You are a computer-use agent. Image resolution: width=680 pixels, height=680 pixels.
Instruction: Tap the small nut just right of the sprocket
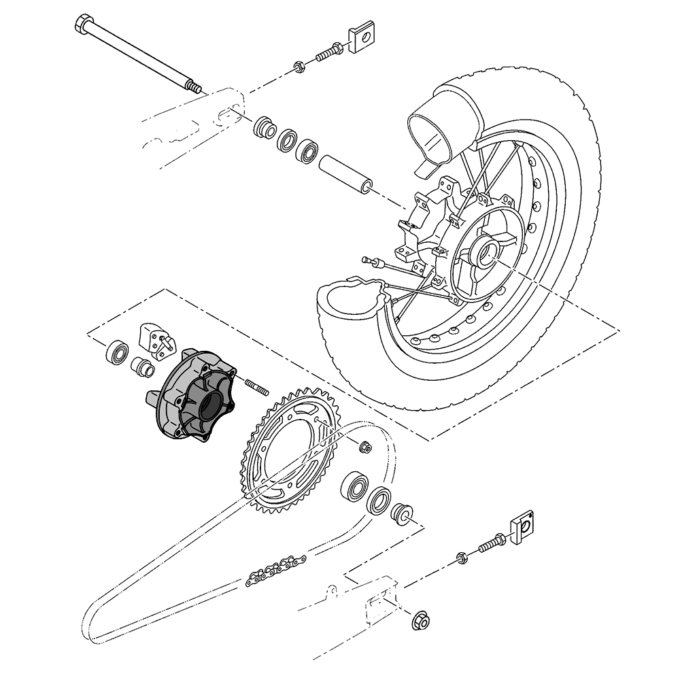(x=365, y=447)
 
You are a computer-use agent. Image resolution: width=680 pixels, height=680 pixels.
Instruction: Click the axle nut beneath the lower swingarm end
(x=420, y=619)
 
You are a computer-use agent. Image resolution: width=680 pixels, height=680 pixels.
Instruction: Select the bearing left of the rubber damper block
(x=118, y=351)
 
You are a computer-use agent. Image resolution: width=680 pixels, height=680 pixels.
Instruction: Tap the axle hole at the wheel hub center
(x=486, y=255)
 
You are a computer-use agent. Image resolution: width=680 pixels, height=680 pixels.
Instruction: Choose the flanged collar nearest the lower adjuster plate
(x=401, y=511)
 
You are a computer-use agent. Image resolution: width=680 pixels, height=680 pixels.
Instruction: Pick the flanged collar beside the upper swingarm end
(x=263, y=128)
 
